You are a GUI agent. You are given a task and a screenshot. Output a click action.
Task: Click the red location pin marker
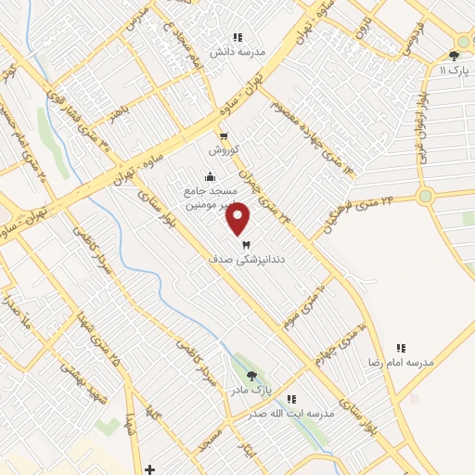click(x=238, y=219)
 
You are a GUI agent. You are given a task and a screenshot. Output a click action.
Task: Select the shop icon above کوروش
click(x=223, y=137)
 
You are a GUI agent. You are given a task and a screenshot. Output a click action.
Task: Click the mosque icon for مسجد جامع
click(x=211, y=177)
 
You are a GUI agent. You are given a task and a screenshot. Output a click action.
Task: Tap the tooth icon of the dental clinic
click(x=246, y=246)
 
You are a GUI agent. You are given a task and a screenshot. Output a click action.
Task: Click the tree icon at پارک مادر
click(x=251, y=376)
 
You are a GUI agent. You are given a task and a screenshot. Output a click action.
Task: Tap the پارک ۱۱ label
click(x=455, y=71)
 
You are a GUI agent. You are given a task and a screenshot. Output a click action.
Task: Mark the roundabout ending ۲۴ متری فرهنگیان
click(x=426, y=196)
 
